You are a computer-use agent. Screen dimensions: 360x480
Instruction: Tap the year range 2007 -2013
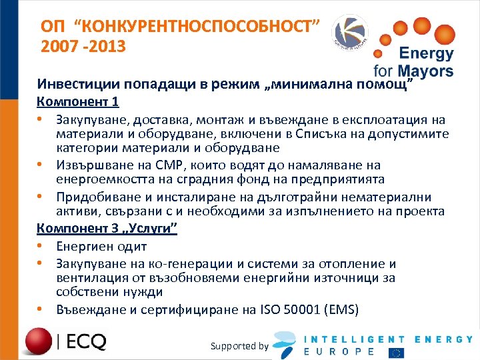(82, 48)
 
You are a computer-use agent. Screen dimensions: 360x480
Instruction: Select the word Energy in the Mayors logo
(426, 54)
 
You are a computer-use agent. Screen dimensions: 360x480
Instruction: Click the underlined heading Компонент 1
(78, 102)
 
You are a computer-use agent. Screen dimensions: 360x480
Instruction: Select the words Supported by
(239, 345)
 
